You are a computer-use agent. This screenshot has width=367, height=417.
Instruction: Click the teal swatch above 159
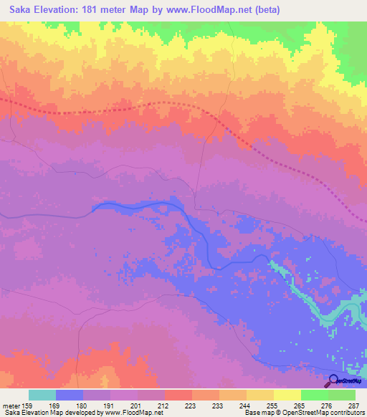pos(42,395)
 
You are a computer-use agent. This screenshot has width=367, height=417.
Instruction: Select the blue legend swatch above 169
pos(70,395)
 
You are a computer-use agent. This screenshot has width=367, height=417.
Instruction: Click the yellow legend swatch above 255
pos(287,395)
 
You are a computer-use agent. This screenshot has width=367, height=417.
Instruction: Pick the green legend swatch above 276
pos(342,395)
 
